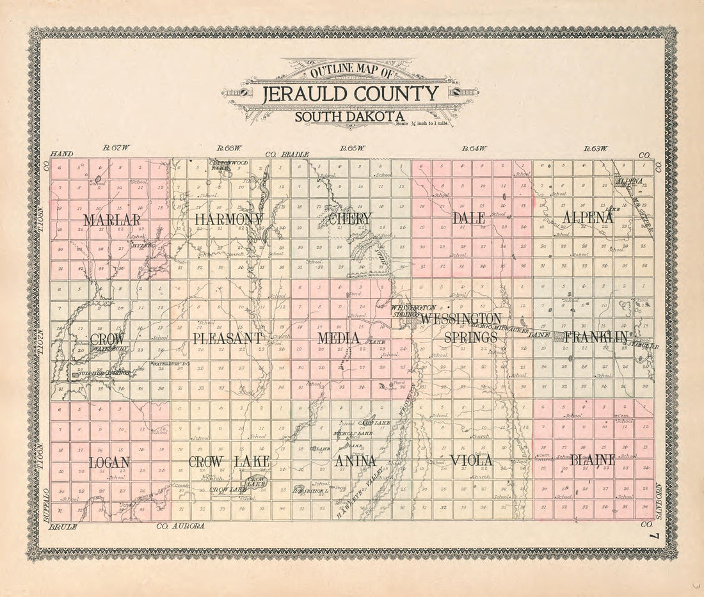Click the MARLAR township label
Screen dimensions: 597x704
(x=111, y=219)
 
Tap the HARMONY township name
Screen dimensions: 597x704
(x=228, y=219)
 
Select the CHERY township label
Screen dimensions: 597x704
(x=349, y=219)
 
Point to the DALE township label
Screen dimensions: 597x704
(x=468, y=218)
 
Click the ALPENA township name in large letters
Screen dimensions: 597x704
(x=588, y=218)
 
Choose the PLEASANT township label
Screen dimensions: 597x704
(x=227, y=338)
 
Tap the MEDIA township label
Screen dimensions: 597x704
(x=339, y=338)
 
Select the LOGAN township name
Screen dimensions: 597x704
(x=109, y=462)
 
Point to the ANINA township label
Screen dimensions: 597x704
(x=355, y=461)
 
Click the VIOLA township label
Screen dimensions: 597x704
(x=471, y=460)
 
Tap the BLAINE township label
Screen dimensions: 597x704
(x=592, y=459)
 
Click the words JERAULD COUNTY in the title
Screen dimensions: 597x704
(x=351, y=94)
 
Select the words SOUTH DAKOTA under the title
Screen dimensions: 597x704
(x=349, y=116)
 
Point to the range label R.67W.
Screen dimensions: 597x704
(x=116, y=148)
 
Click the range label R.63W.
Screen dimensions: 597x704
(x=596, y=148)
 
